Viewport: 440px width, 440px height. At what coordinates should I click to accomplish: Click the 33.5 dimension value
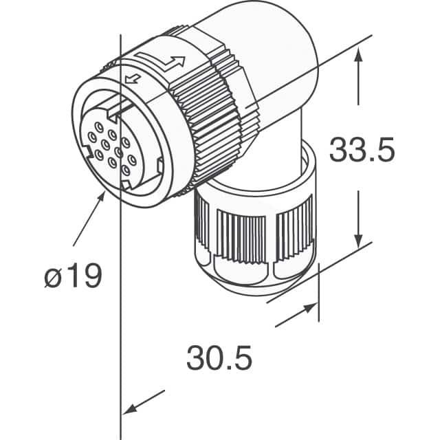click(362, 149)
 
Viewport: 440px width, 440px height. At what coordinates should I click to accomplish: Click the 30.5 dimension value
click(219, 357)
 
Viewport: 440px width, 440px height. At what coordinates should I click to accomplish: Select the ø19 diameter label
click(73, 275)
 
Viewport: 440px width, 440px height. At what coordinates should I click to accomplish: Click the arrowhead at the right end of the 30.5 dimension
click(310, 308)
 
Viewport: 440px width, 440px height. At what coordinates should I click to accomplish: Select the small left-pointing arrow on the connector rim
click(133, 79)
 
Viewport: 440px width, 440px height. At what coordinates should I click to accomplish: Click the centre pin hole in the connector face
click(105, 145)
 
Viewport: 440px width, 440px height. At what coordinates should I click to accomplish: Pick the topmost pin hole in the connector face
click(99, 127)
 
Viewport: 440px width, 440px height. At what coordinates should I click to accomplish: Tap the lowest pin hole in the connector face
click(126, 170)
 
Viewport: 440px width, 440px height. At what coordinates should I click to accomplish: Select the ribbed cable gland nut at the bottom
click(255, 225)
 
